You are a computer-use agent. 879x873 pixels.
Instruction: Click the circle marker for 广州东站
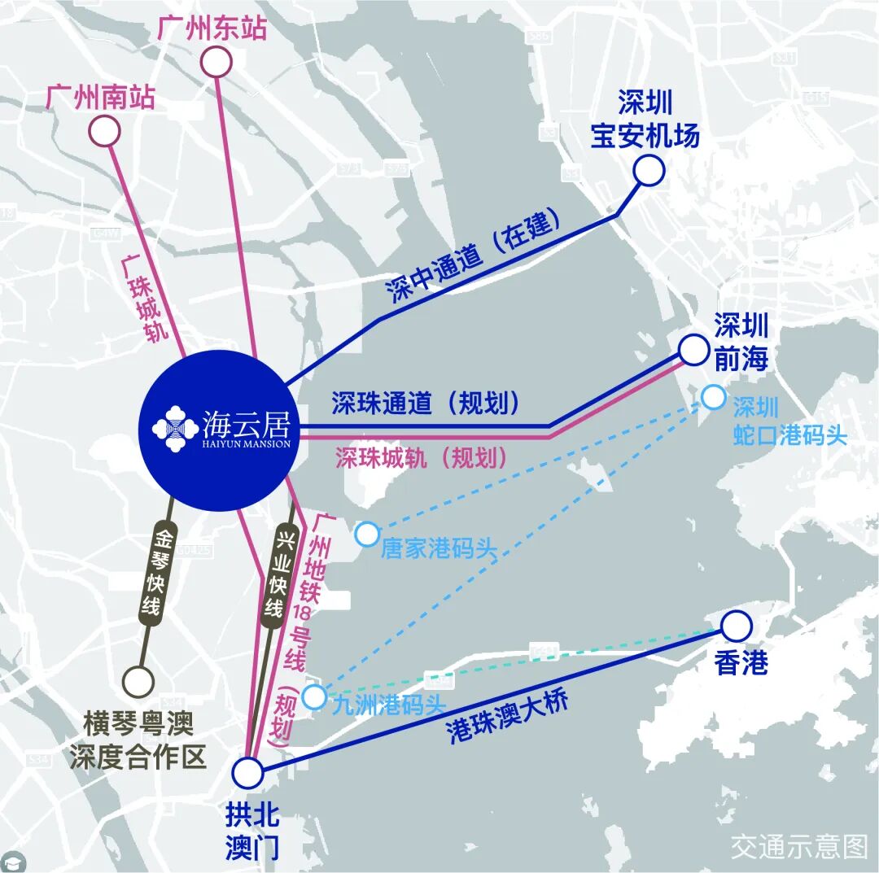click(x=216, y=62)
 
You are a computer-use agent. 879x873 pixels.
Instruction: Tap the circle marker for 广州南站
click(x=105, y=131)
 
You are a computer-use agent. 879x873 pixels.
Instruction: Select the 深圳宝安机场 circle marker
click(x=649, y=171)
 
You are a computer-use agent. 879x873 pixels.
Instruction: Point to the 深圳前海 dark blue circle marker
click(x=693, y=350)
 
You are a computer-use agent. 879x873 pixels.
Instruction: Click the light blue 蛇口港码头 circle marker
click(x=713, y=397)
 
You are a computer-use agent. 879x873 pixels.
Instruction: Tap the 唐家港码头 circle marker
click(x=367, y=535)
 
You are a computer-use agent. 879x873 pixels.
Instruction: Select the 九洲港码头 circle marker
click(x=314, y=697)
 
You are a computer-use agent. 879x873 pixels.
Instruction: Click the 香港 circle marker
click(x=737, y=626)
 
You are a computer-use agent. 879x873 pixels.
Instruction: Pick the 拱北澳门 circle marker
click(x=247, y=772)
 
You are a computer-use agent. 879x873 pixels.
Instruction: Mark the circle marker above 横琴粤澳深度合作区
click(x=138, y=681)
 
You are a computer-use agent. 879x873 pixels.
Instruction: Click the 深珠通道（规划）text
click(x=425, y=403)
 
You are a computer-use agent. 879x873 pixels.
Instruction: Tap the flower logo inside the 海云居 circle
click(x=173, y=427)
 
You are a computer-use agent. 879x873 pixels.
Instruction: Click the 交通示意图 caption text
click(x=798, y=847)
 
